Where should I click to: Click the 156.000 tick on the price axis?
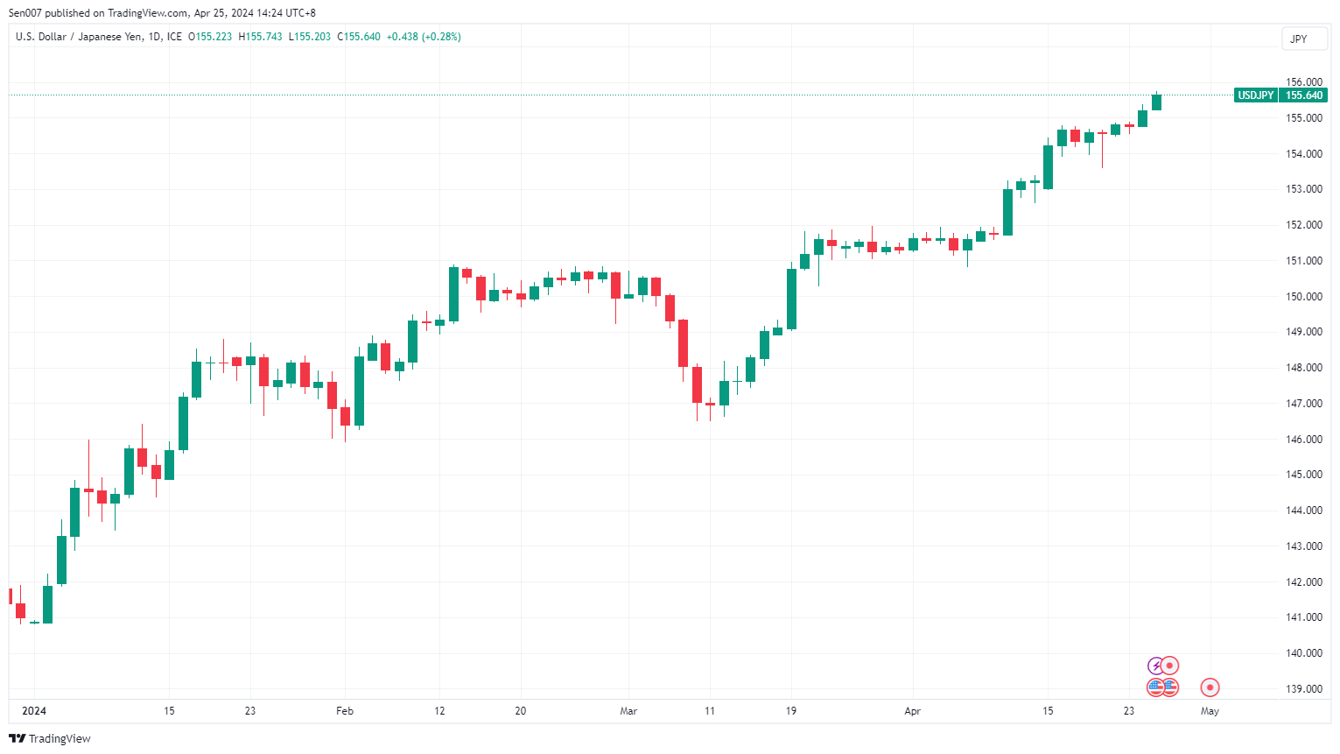pos(1303,82)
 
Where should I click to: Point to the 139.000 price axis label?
pos(1303,689)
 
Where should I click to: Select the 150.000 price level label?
pos(1303,297)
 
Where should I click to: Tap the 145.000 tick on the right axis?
pos(1303,475)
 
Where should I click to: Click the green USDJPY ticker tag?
pos(1255,95)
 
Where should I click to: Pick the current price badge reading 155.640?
pos(1303,95)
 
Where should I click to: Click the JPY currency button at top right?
pos(1299,39)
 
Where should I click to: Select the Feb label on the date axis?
pos(345,711)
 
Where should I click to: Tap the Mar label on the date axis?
pos(628,711)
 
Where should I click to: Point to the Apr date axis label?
pos(912,711)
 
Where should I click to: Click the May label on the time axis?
pos(1210,711)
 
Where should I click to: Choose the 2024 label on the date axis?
pos(34,711)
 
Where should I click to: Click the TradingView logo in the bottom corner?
pos(50,739)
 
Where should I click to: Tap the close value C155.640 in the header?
pos(359,37)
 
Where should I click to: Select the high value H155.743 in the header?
pos(260,37)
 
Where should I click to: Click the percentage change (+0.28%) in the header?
pos(441,37)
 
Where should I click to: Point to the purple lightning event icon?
pos(1155,666)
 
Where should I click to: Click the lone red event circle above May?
pos(1210,687)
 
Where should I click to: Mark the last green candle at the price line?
pos(1156,102)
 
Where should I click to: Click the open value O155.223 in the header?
pos(210,37)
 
